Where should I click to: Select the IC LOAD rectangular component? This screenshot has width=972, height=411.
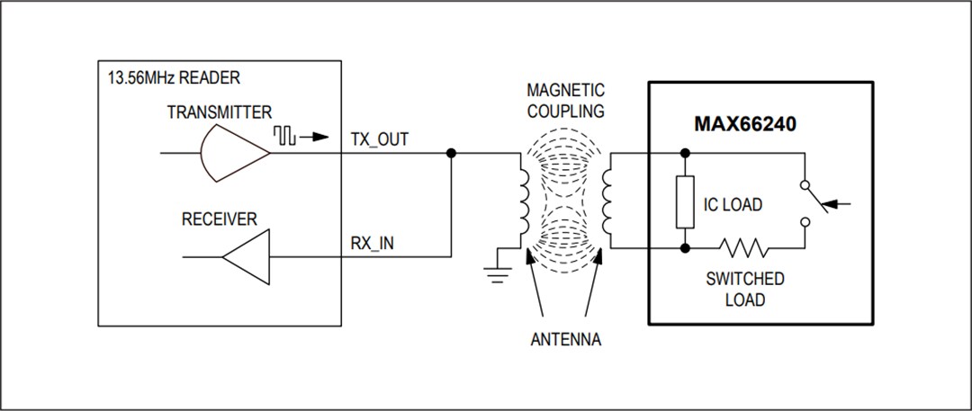coord(686,204)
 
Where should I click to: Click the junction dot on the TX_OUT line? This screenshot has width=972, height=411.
coord(451,154)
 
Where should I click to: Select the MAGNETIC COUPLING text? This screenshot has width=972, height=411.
coord(567,101)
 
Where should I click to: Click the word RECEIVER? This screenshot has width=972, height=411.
coord(220,219)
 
